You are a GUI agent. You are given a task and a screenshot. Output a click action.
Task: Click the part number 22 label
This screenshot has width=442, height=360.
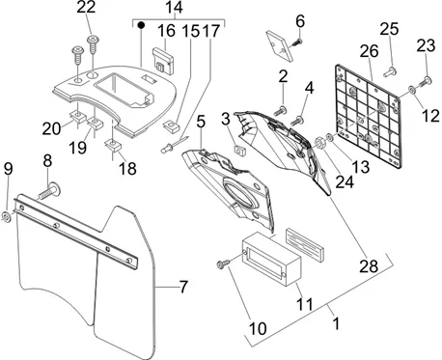pos(86,7)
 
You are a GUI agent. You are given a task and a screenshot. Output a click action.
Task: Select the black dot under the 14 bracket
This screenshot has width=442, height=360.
pos(140,25)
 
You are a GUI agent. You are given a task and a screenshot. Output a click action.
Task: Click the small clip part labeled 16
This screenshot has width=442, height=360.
pos(163,61)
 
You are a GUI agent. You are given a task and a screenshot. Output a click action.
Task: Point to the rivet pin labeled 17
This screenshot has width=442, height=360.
pos(175,145)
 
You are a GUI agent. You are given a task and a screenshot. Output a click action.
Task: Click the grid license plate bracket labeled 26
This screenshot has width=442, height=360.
pos(368,116)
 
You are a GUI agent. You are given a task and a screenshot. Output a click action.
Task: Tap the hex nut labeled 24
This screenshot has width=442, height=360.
pos(319,142)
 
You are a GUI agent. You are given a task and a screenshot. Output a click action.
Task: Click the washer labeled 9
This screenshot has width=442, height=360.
pos(7,216)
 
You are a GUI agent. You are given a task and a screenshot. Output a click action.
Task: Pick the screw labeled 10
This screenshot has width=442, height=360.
pos(224,263)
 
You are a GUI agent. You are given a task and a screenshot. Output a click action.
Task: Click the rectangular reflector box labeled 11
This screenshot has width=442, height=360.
pos(271,259)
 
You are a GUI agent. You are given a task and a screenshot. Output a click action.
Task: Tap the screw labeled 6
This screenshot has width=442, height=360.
pos(297,42)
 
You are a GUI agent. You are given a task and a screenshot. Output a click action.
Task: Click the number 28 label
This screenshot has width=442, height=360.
pos(369,266)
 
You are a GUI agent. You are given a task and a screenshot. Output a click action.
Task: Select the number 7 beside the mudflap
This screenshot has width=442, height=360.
pos(183,287)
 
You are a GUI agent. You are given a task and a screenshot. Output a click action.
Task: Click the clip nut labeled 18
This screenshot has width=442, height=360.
pos(113,145)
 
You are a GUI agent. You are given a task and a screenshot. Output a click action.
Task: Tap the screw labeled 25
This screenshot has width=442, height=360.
pos(390,71)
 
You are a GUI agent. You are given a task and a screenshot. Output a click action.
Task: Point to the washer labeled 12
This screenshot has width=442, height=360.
pos(412,90)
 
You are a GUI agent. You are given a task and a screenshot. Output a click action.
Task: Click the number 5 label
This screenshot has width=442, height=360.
pos(201,122)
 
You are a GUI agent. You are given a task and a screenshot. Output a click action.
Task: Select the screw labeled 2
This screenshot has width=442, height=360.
pos(280,111)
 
